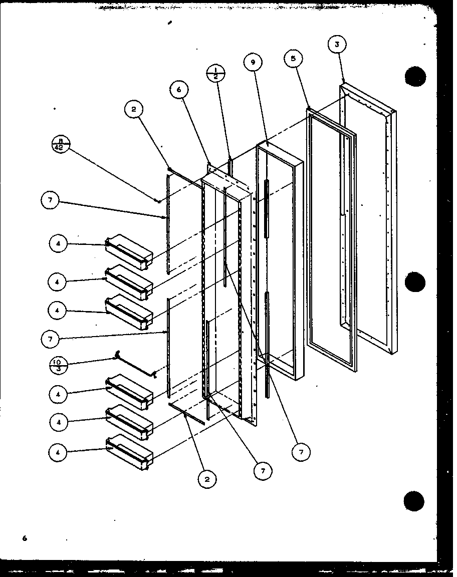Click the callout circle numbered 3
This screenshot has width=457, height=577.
[337, 45]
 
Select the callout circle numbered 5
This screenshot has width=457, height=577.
[293, 59]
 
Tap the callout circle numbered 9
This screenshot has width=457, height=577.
[253, 62]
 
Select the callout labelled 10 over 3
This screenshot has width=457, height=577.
[59, 365]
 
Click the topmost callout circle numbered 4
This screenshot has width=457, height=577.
[58, 244]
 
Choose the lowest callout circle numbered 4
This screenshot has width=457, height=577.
[58, 452]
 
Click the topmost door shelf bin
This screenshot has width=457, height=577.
[129, 251]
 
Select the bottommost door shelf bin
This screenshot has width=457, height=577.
[129, 452]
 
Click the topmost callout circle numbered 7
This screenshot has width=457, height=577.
[50, 201]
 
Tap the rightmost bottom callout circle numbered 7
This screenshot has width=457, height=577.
[301, 452]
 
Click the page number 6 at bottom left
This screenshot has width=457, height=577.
[24, 538]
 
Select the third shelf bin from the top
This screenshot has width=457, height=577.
[129, 312]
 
